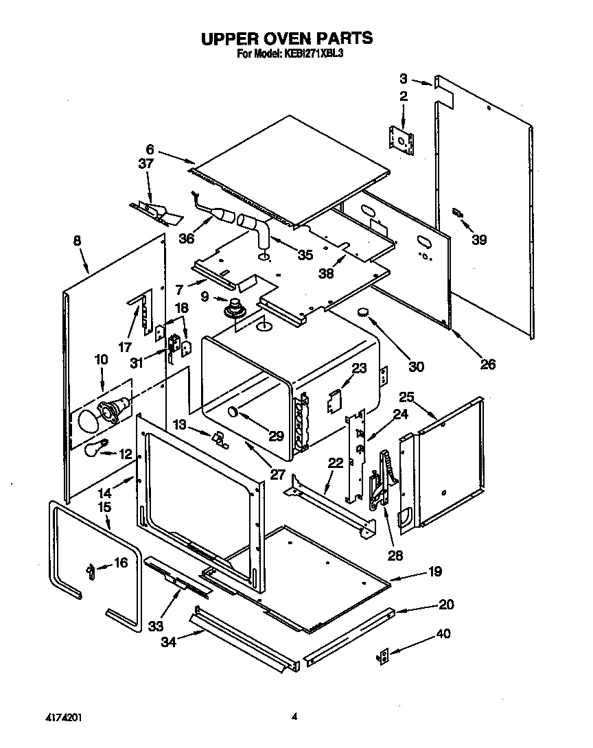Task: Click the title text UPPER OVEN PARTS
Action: pyautogui.click(x=287, y=38)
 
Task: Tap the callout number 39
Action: pyautogui.click(x=479, y=239)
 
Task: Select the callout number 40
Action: pyautogui.click(x=443, y=634)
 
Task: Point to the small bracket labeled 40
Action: pyautogui.click(x=382, y=656)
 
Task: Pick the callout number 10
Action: pyautogui.click(x=101, y=359)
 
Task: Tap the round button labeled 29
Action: pyautogui.click(x=233, y=412)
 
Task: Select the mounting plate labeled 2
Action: pyautogui.click(x=402, y=140)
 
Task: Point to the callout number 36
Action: pyautogui.click(x=186, y=238)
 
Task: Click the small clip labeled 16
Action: pyautogui.click(x=89, y=570)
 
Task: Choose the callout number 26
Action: pyautogui.click(x=487, y=364)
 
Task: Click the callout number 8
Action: pyautogui.click(x=77, y=241)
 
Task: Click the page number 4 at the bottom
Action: pyautogui.click(x=294, y=717)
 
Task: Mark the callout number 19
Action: pyautogui.click(x=434, y=571)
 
